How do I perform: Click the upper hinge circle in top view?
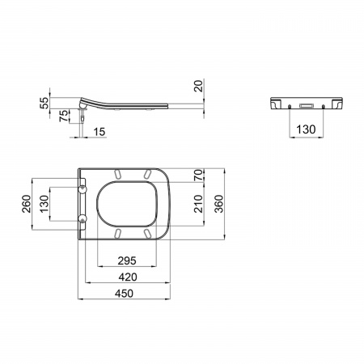(83, 186)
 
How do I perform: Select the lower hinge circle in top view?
(83, 218)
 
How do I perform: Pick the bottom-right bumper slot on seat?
(149, 232)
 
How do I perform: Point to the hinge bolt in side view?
(83, 113)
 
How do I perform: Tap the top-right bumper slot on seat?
(149, 173)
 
